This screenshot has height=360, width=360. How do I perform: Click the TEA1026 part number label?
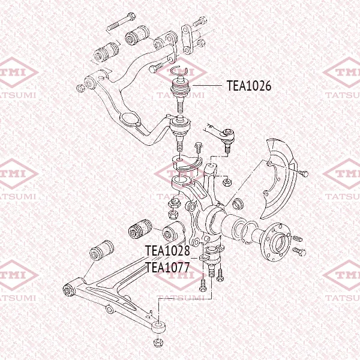coord(249,86)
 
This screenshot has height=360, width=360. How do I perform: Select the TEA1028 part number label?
coord(167,250)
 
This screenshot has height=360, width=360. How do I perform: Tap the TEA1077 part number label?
coord(167,267)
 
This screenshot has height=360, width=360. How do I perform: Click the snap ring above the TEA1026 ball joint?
coord(181,71)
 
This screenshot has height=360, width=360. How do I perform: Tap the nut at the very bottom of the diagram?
coord(158,343)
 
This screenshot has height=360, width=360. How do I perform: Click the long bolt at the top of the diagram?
coord(121,22)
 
